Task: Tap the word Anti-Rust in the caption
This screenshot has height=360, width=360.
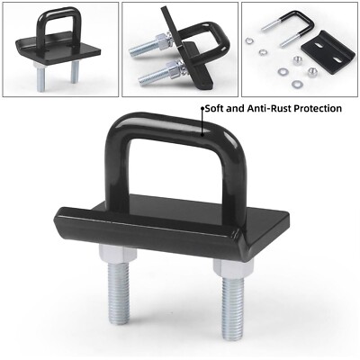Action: point(265,108)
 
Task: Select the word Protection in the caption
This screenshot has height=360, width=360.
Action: point(316,108)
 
